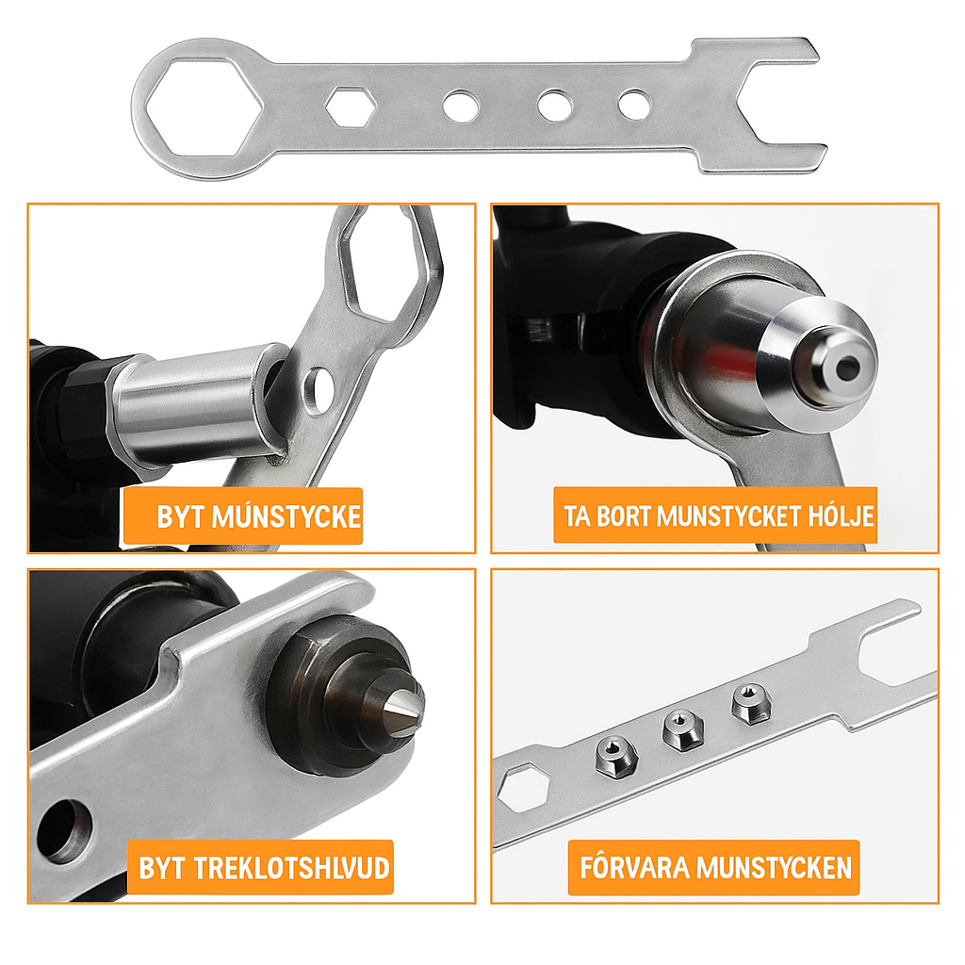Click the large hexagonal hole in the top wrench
(204, 106)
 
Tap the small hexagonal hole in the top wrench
(351, 107)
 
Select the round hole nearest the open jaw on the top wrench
(634, 106)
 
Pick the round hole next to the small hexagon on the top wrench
(460, 106)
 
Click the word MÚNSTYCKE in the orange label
(286, 516)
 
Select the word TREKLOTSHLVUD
(292, 868)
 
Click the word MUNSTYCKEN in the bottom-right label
(775, 867)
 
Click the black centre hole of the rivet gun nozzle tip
(847, 368)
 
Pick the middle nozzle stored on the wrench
(683, 730)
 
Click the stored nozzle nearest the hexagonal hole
(615, 758)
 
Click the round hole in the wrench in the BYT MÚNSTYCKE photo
(319, 391)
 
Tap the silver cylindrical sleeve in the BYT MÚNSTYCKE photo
(198, 405)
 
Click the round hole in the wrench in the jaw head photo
(65, 831)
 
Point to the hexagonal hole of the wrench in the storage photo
(522, 788)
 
